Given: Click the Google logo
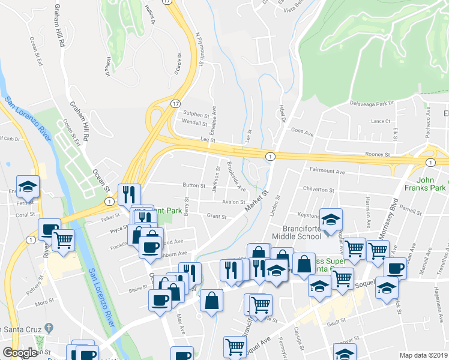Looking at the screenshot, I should (x=20, y=353).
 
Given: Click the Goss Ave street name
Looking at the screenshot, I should (x=303, y=132).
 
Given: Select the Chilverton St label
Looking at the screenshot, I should (x=319, y=190).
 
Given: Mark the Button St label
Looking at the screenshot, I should (x=194, y=185).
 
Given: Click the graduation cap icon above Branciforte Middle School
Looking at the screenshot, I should (x=330, y=219).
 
